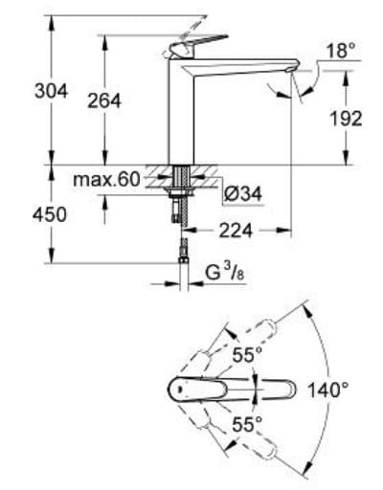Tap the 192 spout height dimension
tap(346, 118)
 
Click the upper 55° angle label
tap(246, 356)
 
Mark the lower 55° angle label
tap(246, 423)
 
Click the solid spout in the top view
tap(239, 389)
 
